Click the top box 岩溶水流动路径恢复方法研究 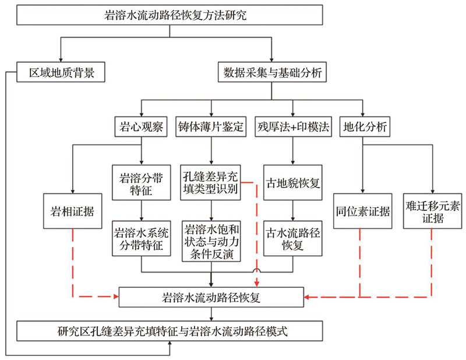(170, 15)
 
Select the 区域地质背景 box (61, 72)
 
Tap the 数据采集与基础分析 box (272, 72)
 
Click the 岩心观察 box (141, 126)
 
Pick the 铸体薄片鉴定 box (211, 126)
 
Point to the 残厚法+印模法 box (294, 126)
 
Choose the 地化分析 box (365, 126)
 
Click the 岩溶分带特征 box (141, 182)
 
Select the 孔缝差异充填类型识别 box (210, 182)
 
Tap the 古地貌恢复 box (293, 182)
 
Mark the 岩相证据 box (72, 211)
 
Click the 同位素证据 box (362, 211)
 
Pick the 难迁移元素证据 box (432, 211)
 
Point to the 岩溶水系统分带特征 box (141, 238)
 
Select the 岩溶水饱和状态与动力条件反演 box (211, 241)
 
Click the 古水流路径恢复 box (293, 238)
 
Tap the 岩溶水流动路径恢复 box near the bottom (211, 297)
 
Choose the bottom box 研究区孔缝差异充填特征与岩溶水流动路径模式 (170, 331)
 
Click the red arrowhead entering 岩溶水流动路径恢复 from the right (307, 297)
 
